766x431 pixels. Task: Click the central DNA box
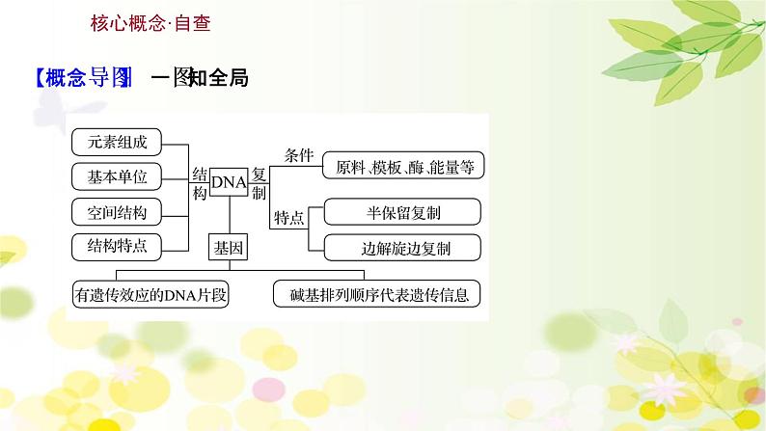pyautogui.click(x=229, y=180)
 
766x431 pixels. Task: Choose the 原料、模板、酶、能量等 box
pyautogui.click(x=403, y=166)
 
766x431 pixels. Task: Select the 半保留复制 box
pyautogui.click(x=403, y=212)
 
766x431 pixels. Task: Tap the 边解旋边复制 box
pyautogui.click(x=403, y=248)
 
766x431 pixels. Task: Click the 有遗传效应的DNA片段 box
pyautogui.click(x=152, y=294)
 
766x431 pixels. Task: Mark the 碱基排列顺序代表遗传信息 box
pyautogui.click(x=377, y=294)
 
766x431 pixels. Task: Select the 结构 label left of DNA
pyautogui.click(x=199, y=182)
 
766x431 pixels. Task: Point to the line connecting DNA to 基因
pyautogui.click(x=229, y=216)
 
